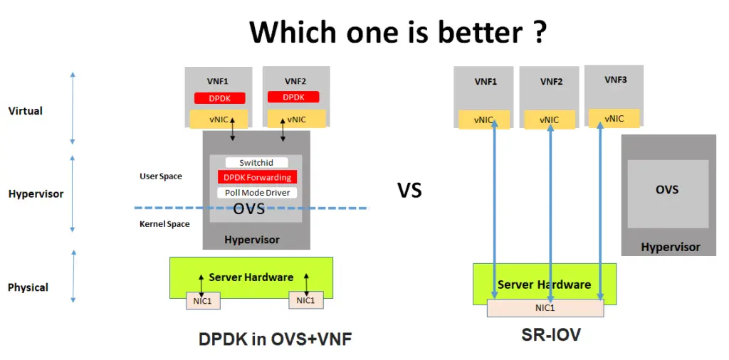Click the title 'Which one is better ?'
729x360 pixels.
click(398, 32)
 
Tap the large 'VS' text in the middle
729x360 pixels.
click(409, 191)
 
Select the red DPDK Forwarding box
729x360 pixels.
click(257, 178)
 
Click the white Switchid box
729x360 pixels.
click(256, 163)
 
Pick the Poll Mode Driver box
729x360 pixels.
click(257, 193)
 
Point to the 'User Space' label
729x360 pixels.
click(160, 176)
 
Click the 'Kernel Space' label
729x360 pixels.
click(164, 224)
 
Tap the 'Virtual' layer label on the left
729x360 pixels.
click(25, 111)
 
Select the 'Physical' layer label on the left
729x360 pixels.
click(28, 287)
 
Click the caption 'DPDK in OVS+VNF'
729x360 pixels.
click(276, 340)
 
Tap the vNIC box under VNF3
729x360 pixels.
click(614, 119)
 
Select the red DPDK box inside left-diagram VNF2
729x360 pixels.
click(293, 97)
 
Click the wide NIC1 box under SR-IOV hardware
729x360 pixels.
click(545, 308)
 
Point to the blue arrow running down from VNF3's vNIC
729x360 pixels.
click(600, 213)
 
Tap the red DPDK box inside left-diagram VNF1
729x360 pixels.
click(219, 98)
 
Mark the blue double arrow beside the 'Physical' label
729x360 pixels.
click(73, 282)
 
